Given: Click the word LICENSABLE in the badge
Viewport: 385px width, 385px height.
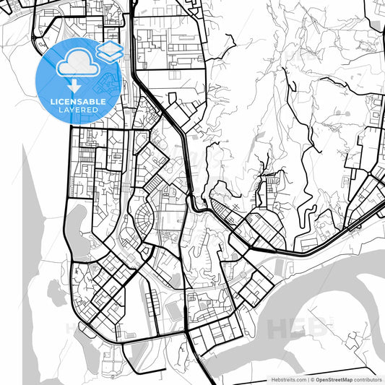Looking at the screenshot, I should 77,102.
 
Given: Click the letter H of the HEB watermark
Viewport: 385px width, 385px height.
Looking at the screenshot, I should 280,328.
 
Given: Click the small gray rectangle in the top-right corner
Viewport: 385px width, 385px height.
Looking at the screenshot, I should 378,26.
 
